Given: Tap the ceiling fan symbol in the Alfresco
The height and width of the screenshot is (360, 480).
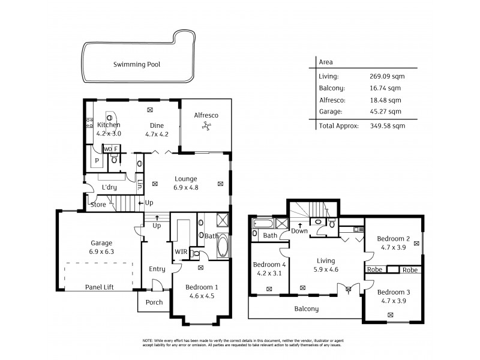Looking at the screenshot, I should tap(207, 125).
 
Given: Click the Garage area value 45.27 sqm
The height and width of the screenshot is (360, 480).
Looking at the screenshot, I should tap(385, 112).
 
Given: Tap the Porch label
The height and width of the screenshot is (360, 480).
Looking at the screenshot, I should tap(154, 302).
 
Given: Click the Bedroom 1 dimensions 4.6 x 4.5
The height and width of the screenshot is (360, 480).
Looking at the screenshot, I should tap(199, 296).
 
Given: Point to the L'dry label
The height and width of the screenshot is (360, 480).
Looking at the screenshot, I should tap(109, 187).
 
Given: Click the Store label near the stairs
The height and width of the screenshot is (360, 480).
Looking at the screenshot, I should tap(98, 205).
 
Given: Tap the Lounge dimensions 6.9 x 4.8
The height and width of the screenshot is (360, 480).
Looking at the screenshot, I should tap(186, 187).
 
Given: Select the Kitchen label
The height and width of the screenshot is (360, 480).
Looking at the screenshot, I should tap(109, 125).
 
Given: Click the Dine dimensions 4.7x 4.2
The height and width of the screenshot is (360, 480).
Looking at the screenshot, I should tap(157, 134).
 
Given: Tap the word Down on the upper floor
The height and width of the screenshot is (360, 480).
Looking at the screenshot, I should tap(299, 231).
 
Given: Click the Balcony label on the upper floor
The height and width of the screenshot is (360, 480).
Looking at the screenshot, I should tap(306, 309).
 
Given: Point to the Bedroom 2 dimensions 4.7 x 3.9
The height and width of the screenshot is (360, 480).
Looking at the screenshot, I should tap(393, 247).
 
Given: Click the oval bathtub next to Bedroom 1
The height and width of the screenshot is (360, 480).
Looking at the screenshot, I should tap(221, 246).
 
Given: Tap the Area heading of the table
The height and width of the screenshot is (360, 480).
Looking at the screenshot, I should tap(326, 62).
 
